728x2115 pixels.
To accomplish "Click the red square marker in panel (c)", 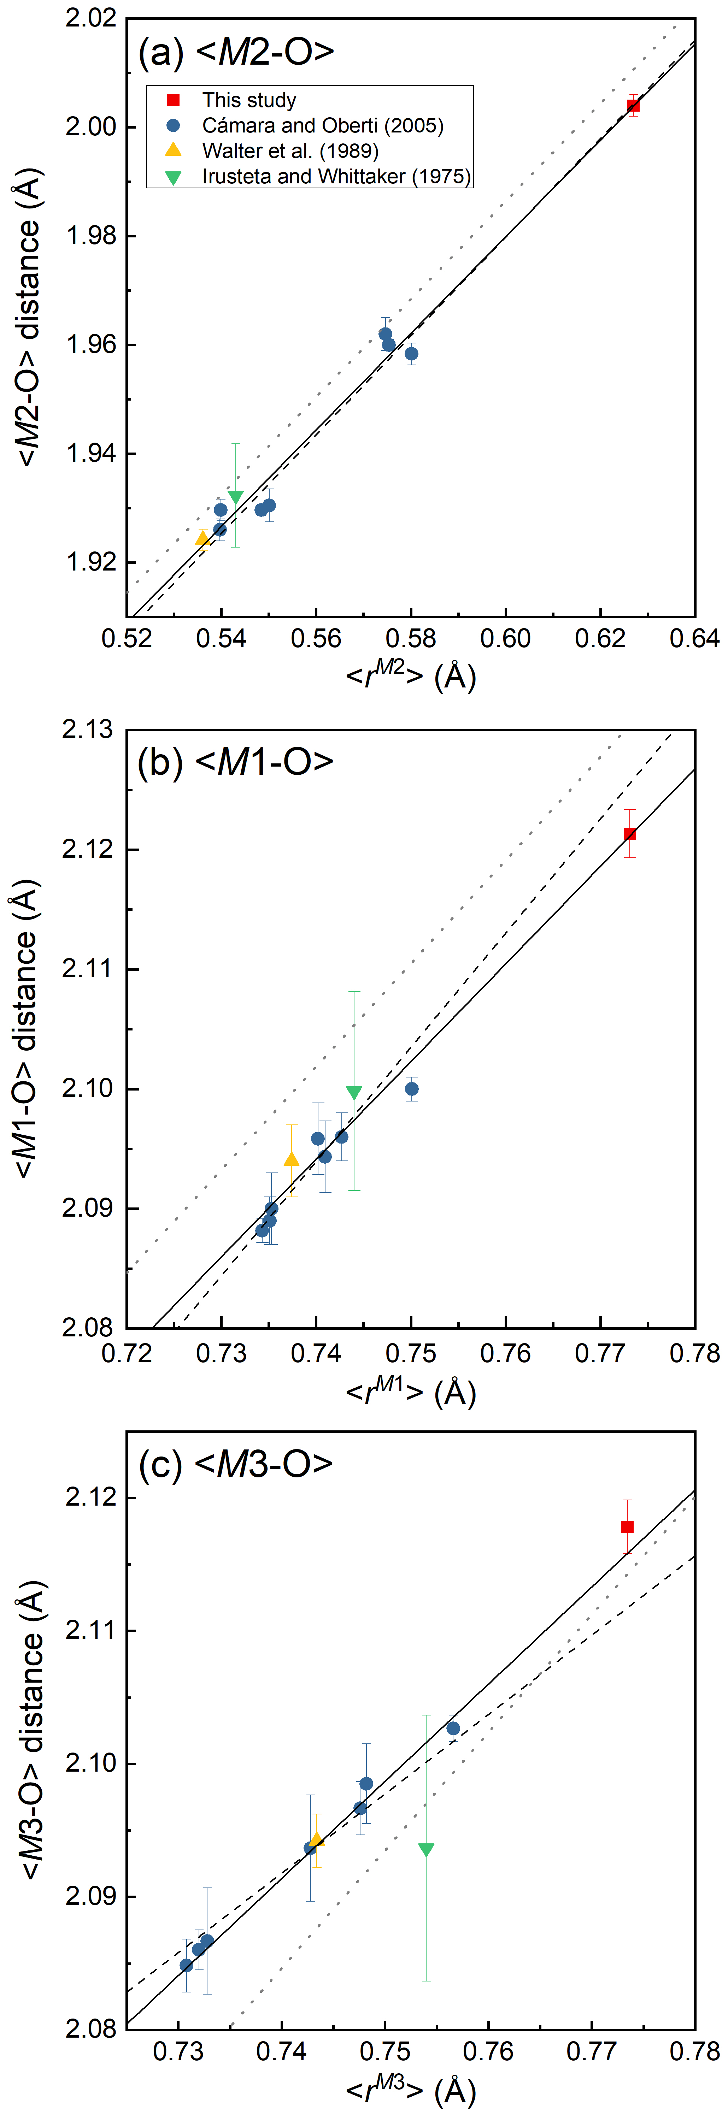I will [627, 1526].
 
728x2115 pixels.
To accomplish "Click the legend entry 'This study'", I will [249, 100].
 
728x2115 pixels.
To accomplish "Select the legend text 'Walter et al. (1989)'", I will [290, 151].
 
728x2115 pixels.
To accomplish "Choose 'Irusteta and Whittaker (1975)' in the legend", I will [336, 177].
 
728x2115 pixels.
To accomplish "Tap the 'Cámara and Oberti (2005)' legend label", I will [322, 126].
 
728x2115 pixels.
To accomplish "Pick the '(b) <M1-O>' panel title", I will [236, 762].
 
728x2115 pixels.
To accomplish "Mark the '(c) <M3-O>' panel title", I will [236, 1464].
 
